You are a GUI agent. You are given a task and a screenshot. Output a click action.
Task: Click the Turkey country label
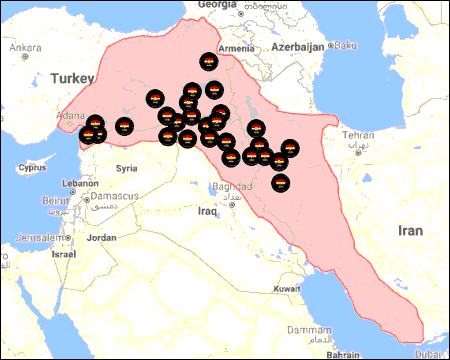point(74,77)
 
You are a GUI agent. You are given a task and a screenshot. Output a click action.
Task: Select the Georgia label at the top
point(217,5)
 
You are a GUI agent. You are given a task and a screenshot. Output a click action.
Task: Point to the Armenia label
point(237,48)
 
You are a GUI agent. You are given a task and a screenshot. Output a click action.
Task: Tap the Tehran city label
point(359,135)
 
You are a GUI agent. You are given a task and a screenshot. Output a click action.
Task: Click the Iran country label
point(411,230)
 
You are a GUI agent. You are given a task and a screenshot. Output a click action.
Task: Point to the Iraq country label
point(208,212)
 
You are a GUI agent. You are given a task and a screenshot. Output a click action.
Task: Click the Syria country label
point(127,168)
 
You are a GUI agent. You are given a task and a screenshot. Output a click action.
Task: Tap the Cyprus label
point(33,167)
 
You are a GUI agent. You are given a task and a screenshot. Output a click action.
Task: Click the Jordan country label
point(102,238)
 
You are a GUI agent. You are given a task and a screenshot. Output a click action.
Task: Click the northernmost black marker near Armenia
point(207,63)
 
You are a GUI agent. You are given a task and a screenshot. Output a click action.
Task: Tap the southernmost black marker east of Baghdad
point(282,183)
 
